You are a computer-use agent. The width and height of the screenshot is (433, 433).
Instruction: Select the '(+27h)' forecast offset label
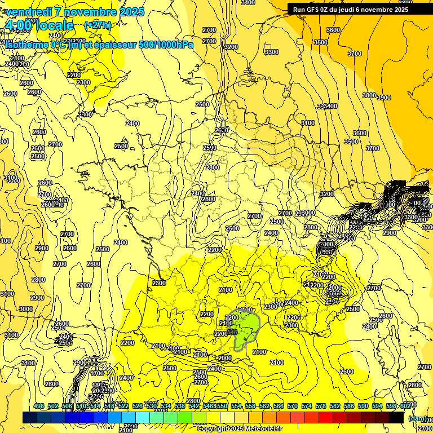pyautogui.click(x=97, y=25)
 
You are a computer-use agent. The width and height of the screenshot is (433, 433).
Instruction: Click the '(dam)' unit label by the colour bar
pyautogui.click(x=417, y=418)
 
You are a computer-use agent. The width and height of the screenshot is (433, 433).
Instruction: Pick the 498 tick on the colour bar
pyautogui.click(x=39, y=406)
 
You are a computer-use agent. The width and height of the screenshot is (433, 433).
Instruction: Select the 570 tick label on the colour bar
pyautogui.click(x=293, y=406)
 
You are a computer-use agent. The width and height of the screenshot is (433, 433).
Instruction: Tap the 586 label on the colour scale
pyautogui.click(x=349, y=406)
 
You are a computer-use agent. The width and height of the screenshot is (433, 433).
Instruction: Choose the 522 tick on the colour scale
pyautogui.click(x=123, y=406)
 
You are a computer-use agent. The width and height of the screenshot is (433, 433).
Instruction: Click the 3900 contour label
pyautogui.click(x=383, y=98)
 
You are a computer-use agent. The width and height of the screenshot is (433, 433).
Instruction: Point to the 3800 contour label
pyautogui.click(x=369, y=95)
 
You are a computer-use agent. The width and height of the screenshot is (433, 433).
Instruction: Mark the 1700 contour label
pyautogui.click(x=97, y=373)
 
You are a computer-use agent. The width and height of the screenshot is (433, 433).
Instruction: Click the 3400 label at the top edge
pyautogui.click(x=248, y=2)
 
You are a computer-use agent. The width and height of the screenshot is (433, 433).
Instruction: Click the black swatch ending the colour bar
pyautogui.click(x=396, y=418)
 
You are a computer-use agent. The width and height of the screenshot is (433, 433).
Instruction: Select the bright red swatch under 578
pyautogui.click(x=326, y=418)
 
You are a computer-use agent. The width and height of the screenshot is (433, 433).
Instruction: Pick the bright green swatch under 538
pyautogui.click(x=185, y=418)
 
